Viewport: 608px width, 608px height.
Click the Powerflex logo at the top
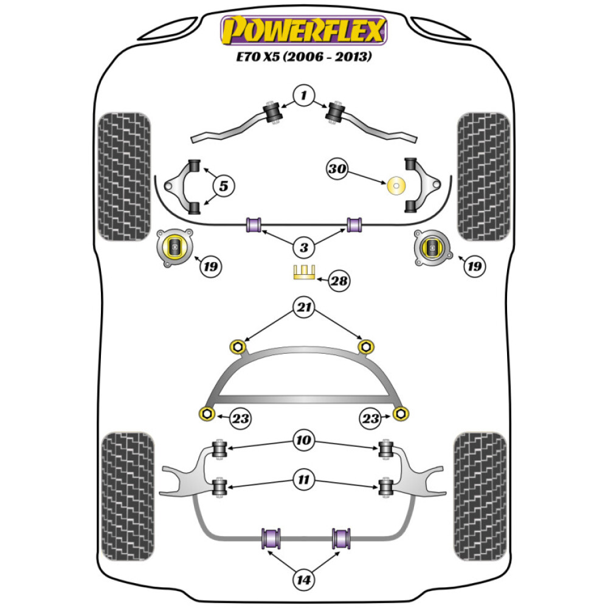[x=303, y=30]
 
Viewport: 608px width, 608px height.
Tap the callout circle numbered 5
[x=223, y=186]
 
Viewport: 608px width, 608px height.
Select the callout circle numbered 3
[x=303, y=247]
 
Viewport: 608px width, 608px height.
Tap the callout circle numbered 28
[x=340, y=280]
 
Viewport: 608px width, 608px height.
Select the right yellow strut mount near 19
[x=432, y=247]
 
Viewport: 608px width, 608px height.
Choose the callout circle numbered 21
[x=303, y=307]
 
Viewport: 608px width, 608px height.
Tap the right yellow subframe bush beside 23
[x=400, y=414]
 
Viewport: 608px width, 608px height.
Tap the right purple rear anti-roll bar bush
[x=342, y=537]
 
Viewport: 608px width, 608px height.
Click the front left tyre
[x=124, y=176]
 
